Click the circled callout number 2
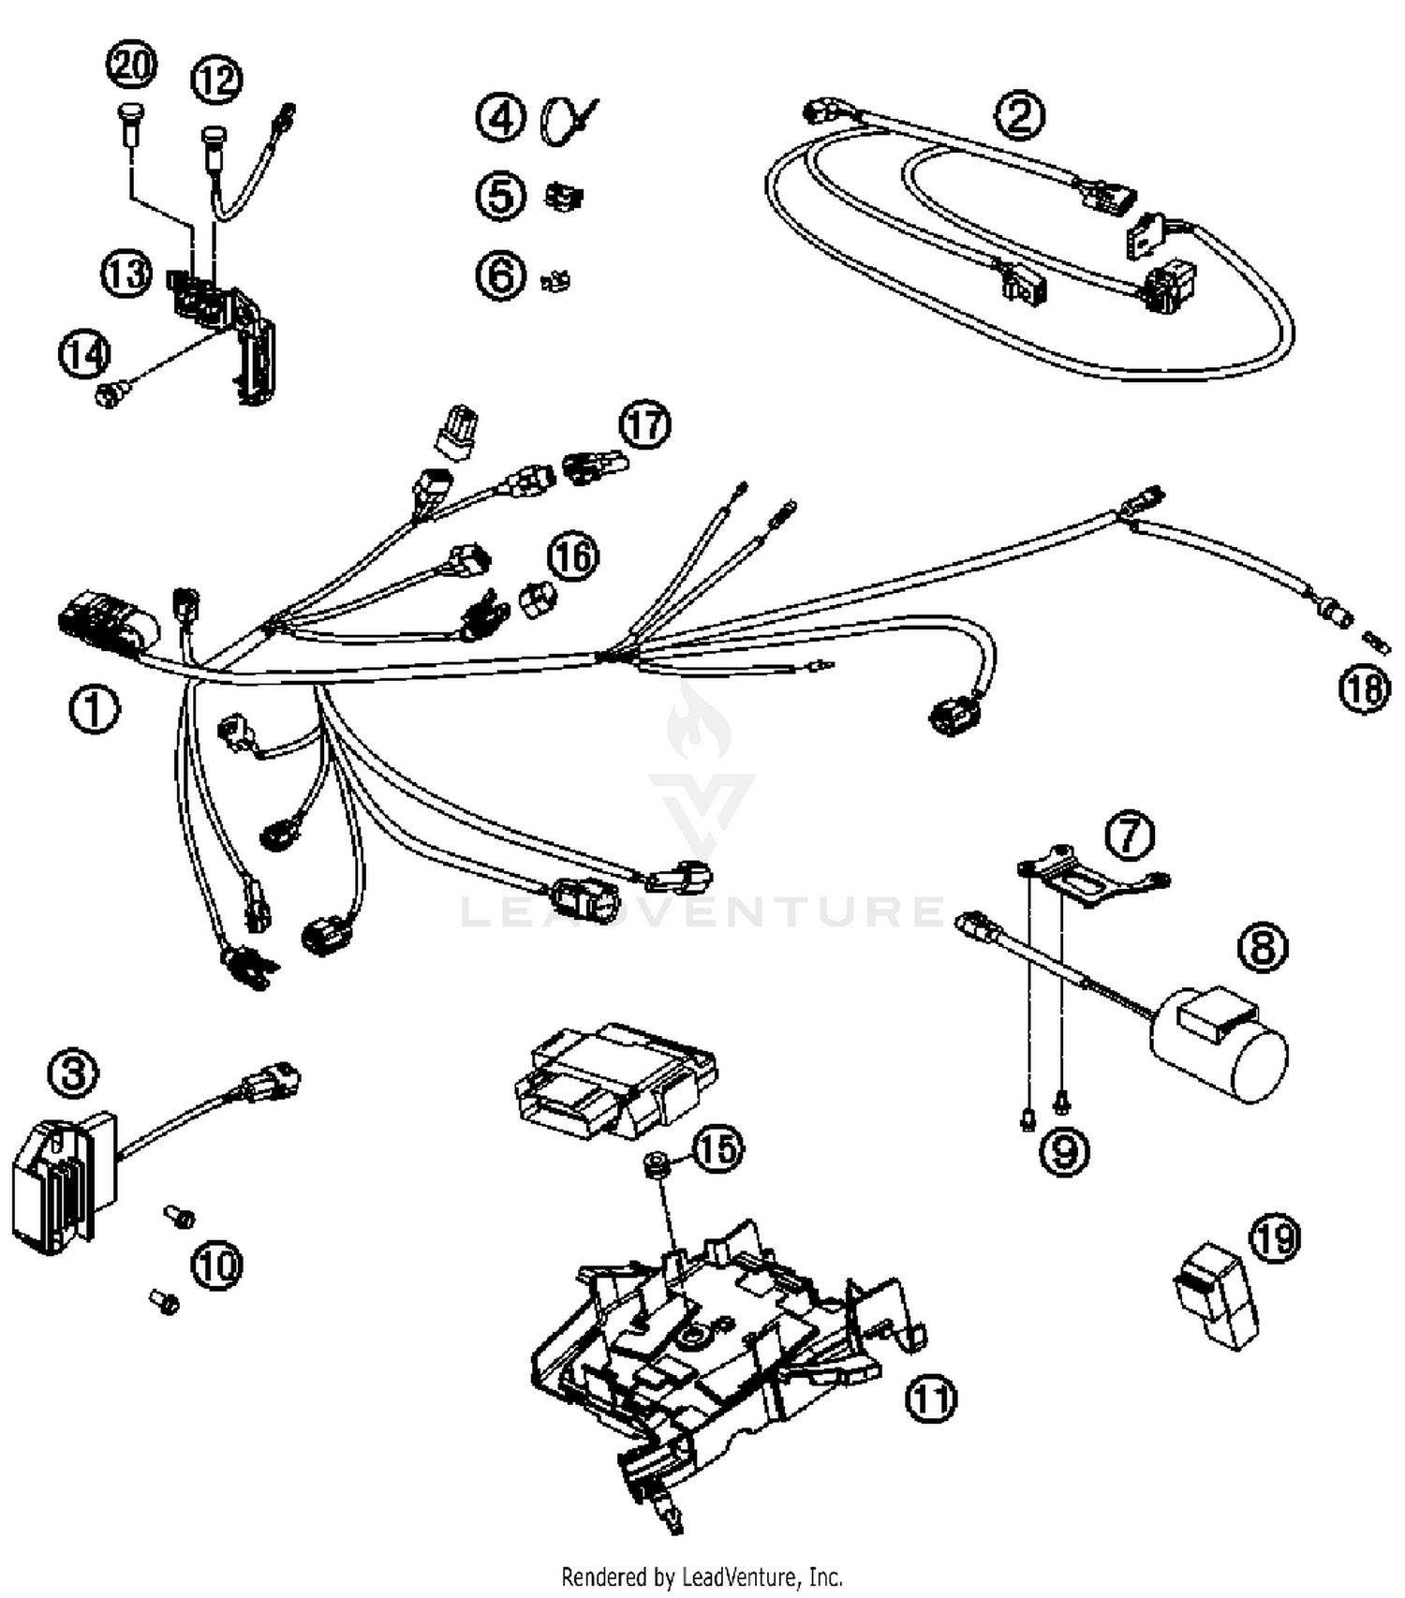click(x=1019, y=115)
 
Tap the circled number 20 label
click(x=131, y=67)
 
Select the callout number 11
click(x=930, y=1399)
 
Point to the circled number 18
click(x=1364, y=689)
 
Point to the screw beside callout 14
click(x=111, y=394)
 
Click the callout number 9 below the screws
click(x=1065, y=1151)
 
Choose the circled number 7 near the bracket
click(x=1129, y=835)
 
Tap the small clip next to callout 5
click(x=564, y=197)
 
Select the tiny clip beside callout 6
click(x=558, y=279)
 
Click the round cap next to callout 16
click(x=536, y=599)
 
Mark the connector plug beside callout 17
click(x=593, y=465)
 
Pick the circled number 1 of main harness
click(x=94, y=709)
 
